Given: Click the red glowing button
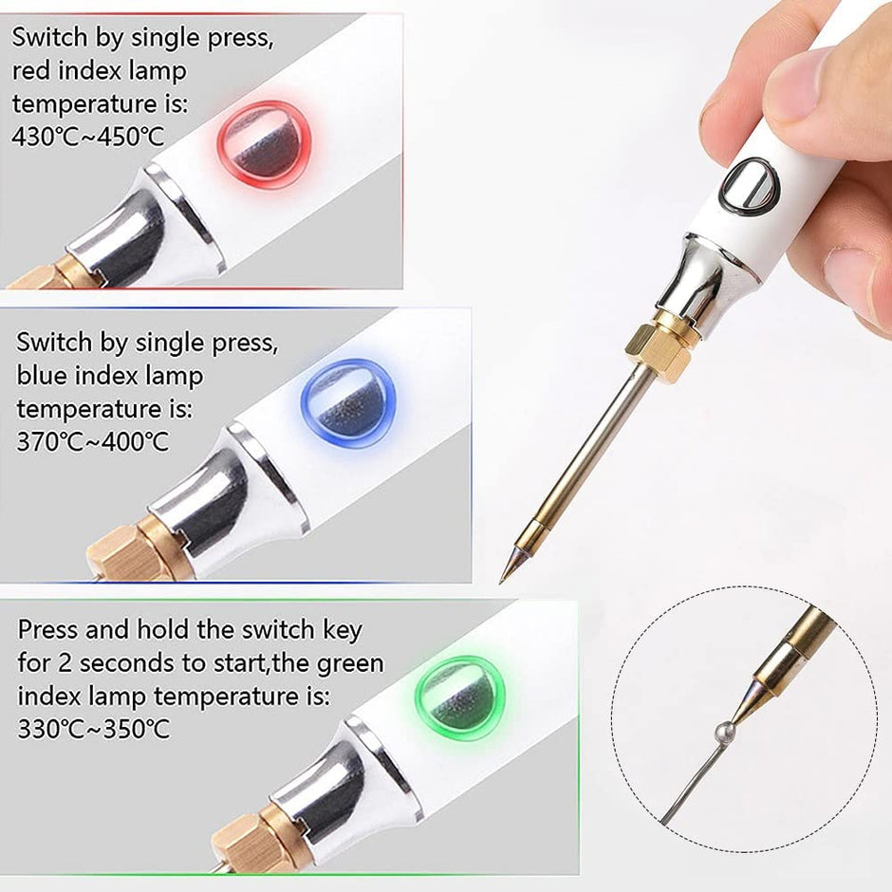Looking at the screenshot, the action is [x=265, y=144].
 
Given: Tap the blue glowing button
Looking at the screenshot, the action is [x=347, y=403].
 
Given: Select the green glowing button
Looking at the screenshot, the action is [x=459, y=698].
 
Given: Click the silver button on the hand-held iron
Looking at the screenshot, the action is [x=748, y=185].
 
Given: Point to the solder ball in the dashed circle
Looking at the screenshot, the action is [x=723, y=729].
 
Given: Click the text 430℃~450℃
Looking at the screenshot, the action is [x=87, y=137].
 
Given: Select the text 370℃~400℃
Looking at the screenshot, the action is [x=93, y=441].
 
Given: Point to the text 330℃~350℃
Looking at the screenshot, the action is [x=94, y=729].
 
